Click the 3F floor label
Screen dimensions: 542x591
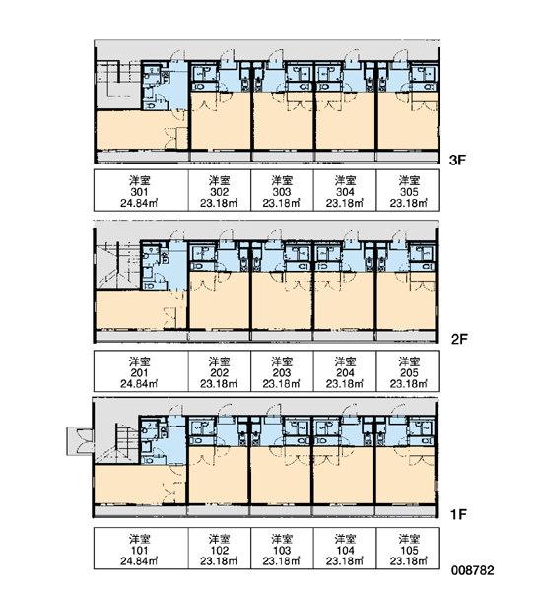pyautogui.click(x=457, y=161)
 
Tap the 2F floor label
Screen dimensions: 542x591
pyautogui.click(x=459, y=339)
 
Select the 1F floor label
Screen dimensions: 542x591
pyautogui.click(x=458, y=514)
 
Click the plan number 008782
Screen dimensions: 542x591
pyautogui.click(x=473, y=570)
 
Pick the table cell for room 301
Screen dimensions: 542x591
pyautogui.click(x=141, y=190)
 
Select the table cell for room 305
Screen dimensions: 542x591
pyautogui.click(x=408, y=190)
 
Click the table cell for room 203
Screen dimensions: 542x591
pyautogui.click(x=282, y=371)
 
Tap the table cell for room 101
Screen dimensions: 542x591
pyautogui.click(x=141, y=548)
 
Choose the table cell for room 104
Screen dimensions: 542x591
pyautogui.click(x=345, y=548)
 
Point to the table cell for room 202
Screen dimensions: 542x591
pyautogui.click(x=219, y=371)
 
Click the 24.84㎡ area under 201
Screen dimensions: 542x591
pyautogui.click(x=139, y=384)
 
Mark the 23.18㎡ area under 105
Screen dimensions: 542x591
pyautogui.click(x=409, y=561)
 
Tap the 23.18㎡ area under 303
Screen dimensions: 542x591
pyautogui.click(x=282, y=203)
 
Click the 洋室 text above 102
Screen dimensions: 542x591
pyautogui.click(x=219, y=539)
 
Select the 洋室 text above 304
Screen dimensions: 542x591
pyautogui.click(x=345, y=181)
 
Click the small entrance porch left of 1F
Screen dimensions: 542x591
pyautogui.click(x=80, y=441)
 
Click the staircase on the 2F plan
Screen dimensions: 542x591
pyautogui.click(x=117, y=266)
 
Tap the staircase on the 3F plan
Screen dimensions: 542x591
pyautogui.click(x=118, y=80)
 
